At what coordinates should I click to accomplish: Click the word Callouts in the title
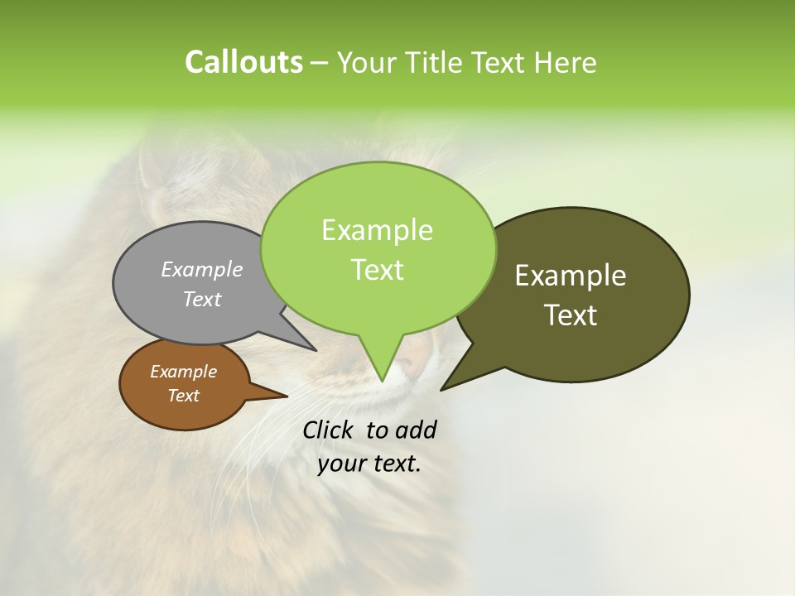243,62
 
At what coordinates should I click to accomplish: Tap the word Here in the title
566,63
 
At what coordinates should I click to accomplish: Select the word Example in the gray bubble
202,269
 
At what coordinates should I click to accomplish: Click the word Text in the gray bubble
202,299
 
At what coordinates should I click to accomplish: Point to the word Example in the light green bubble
377,230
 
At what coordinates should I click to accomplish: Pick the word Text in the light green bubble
377,269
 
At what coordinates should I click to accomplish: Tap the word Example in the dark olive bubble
571,276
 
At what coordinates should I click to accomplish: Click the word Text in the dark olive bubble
571,315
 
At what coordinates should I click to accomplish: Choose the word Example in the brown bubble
183,372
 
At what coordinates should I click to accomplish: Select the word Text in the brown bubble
183,396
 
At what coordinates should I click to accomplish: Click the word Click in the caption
330,430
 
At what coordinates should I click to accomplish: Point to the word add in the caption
416,430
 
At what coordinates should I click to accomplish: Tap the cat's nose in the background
412,358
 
